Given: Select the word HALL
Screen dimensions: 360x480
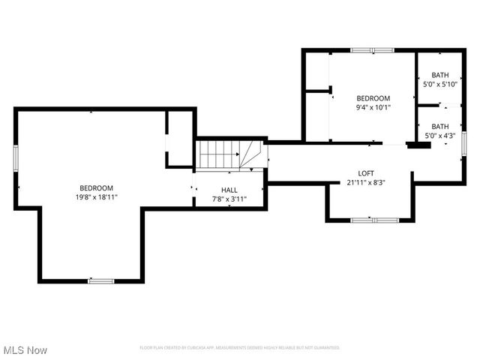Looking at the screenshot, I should pyautogui.click(x=229, y=190).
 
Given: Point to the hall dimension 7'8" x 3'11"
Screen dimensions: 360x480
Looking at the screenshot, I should pyautogui.click(x=229, y=199).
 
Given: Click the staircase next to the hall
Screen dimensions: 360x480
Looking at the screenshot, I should pyautogui.click(x=219, y=154).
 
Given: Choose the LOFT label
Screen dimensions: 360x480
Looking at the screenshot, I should pyautogui.click(x=365, y=173).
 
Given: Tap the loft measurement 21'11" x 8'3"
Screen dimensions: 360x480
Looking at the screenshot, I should pyautogui.click(x=365, y=182).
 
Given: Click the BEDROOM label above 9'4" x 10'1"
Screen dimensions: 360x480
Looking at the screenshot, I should pyautogui.click(x=373, y=98).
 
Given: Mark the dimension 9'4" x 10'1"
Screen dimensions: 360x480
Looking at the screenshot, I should pyautogui.click(x=373, y=107).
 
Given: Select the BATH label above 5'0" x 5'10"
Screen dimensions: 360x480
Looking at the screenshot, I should pyautogui.click(x=439, y=75).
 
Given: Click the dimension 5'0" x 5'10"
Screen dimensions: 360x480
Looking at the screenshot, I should pyautogui.click(x=439, y=84).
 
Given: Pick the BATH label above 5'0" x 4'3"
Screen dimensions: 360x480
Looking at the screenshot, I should pyautogui.click(x=439, y=127).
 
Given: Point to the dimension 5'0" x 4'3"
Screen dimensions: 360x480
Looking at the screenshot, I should pyautogui.click(x=439, y=136).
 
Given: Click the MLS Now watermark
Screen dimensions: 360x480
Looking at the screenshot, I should pyautogui.click(x=25, y=350).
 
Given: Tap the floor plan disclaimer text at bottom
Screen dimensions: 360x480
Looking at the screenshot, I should pyautogui.click(x=240, y=348).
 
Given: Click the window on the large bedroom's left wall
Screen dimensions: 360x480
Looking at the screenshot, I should pyautogui.click(x=15, y=158).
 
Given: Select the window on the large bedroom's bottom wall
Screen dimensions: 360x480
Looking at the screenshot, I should pyautogui.click(x=100, y=281).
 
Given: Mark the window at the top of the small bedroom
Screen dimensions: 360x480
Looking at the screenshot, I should pyautogui.click(x=373, y=50).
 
